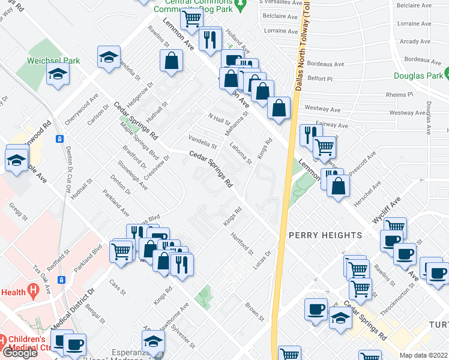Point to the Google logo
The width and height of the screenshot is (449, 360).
coord(20,353)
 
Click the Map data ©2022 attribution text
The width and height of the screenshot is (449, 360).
coord(424,355)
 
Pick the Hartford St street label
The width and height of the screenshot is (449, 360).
coord(243,244)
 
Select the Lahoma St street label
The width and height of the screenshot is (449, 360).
coord(241,152)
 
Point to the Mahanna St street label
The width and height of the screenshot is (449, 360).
coord(237,122)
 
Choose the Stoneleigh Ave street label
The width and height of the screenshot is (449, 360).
coord(133,175)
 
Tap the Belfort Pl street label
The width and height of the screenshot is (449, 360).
coord(320,79)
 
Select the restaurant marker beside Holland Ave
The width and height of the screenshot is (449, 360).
coord(209,40)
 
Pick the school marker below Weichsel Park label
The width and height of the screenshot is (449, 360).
coord(58,74)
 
